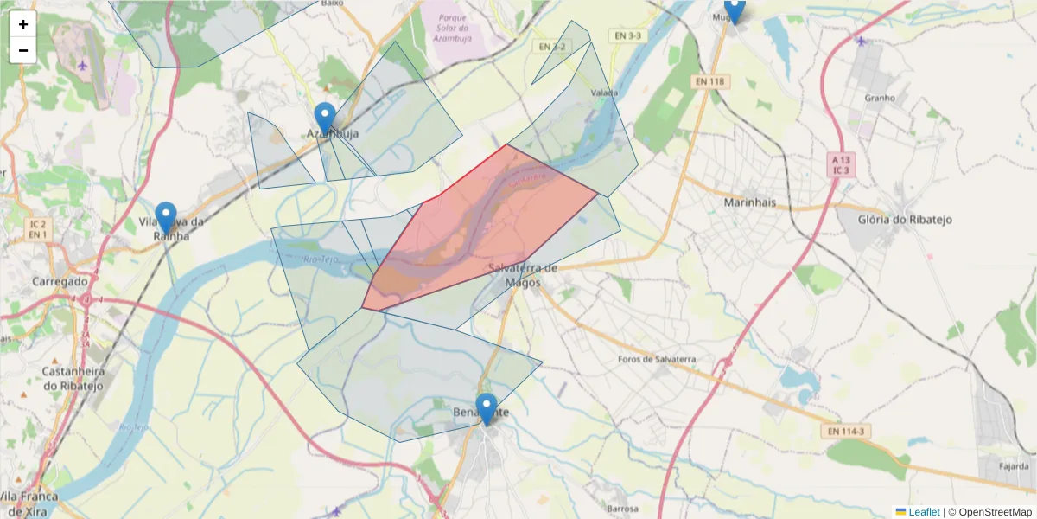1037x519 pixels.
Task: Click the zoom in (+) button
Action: click(x=23, y=24)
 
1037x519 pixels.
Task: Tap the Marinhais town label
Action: click(x=749, y=202)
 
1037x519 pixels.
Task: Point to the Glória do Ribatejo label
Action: click(x=906, y=220)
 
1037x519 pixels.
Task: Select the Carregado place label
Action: click(x=60, y=281)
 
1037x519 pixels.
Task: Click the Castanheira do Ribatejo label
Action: click(x=73, y=378)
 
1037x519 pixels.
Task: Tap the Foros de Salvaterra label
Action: click(x=658, y=359)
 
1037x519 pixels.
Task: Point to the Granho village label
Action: click(x=880, y=98)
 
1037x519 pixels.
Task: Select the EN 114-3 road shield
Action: click(x=844, y=431)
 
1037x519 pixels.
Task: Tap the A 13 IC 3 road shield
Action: click(x=841, y=164)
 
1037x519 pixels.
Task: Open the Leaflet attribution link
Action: click(x=924, y=512)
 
